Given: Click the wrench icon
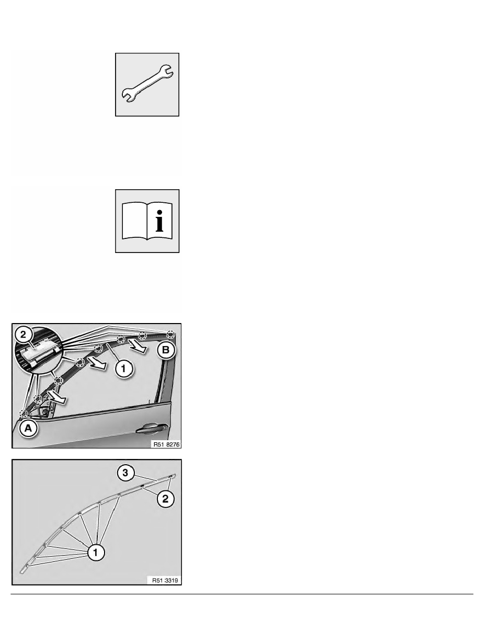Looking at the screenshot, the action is pyautogui.click(x=147, y=84).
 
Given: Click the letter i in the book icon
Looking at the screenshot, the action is pyautogui.click(x=159, y=221).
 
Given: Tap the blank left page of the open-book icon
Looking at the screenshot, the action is pyautogui.click(x=135, y=221).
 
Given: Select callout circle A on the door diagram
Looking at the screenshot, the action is pyautogui.click(x=28, y=428).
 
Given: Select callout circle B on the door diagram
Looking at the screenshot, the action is pyautogui.click(x=166, y=350).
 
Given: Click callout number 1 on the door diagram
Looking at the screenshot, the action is pyautogui.click(x=123, y=369).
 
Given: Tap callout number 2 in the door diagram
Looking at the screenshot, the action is pyautogui.click(x=23, y=335).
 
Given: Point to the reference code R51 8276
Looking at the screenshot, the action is pyautogui.click(x=166, y=444).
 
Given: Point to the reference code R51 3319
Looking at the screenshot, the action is pyautogui.click(x=165, y=580).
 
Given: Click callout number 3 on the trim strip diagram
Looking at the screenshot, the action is pyautogui.click(x=125, y=473).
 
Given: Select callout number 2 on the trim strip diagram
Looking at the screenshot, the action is pyautogui.click(x=166, y=498).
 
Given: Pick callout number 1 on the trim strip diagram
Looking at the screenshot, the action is pyautogui.click(x=96, y=552).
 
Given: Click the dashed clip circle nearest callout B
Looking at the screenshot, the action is pyautogui.click(x=170, y=334).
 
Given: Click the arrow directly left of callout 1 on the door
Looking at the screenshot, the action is pyautogui.click(x=97, y=363).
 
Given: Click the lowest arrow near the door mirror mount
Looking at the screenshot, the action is pyautogui.click(x=56, y=397).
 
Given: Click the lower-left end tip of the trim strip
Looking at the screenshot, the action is pyautogui.click(x=21, y=571).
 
